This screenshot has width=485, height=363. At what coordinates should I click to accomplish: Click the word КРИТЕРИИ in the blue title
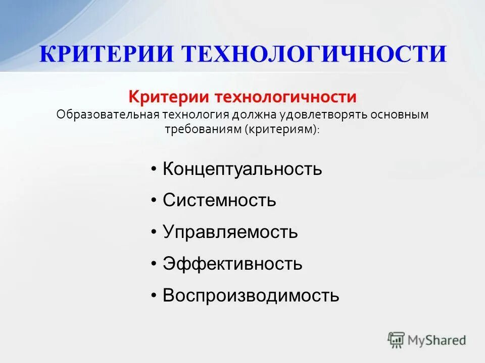[106, 54]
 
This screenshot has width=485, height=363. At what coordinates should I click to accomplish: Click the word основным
[400, 114]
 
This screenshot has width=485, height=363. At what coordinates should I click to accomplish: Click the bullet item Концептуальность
[242, 169]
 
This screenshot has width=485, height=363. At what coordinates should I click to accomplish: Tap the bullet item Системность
[219, 201]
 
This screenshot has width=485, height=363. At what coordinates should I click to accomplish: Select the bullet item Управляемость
[230, 232]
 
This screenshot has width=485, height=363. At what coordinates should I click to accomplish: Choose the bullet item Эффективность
[232, 264]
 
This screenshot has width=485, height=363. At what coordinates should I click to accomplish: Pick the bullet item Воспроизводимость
[251, 295]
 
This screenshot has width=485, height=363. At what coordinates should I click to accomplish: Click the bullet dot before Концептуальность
[154, 169]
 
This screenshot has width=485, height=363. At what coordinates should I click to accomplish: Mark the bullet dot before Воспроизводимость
[154, 295]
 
